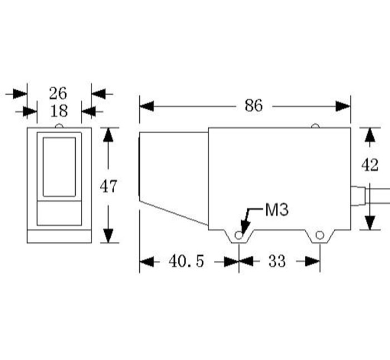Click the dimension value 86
click(x=253, y=105)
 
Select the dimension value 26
click(x=58, y=93)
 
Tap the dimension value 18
click(x=58, y=111)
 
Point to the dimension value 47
click(x=109, y=186)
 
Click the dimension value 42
click(x=370, y=166)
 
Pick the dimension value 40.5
click(x=186, y=261)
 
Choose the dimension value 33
click(x=276, y=261)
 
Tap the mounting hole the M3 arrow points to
click(x=239, y=235)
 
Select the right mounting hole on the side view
click(x=319, y=235)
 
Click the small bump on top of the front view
click(x=59, y=125)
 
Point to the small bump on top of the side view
click(x=315, y=126)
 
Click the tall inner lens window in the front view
click(x=59, y=167)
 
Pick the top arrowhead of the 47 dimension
click(x=109, y=134)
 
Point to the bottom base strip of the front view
click(x=59, y=236)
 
